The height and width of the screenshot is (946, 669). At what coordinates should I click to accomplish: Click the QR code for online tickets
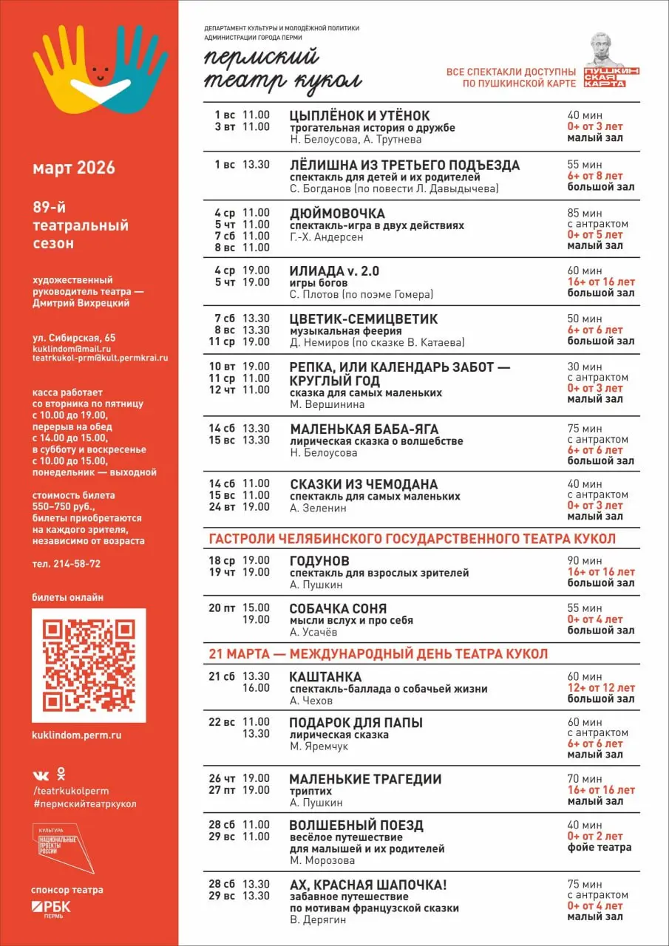click(89, 664)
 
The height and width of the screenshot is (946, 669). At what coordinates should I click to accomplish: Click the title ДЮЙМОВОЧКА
click(337, 214)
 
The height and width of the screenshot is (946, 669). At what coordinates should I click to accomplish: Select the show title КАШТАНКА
click(325, 677)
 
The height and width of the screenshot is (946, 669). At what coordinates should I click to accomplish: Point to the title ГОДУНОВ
click(319, 561)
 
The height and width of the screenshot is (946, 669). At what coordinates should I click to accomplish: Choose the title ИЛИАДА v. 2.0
click(334, 271)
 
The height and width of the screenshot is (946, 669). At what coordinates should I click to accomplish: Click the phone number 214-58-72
click(77, 563)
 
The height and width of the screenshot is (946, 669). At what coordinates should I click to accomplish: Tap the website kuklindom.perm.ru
click(77, 735)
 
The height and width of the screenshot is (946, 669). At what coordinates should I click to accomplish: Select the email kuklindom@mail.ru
click(72, 348)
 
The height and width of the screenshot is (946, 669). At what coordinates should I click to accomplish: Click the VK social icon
click(41, 775)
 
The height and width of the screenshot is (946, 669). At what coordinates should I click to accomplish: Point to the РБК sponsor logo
click(52, 908)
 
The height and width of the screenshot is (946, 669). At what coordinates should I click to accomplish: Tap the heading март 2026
click(74, 168)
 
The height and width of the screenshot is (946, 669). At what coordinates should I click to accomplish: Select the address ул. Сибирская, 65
click(74, 338)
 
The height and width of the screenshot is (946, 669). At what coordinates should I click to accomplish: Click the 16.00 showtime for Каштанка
click(256, 688)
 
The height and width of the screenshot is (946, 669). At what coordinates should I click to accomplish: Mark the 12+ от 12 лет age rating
click(601, 688)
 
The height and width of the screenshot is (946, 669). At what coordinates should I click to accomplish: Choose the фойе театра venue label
click(600, 847)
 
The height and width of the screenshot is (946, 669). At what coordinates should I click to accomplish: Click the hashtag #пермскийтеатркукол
click(84, 803)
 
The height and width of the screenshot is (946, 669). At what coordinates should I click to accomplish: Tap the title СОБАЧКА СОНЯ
click(338, 609)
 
